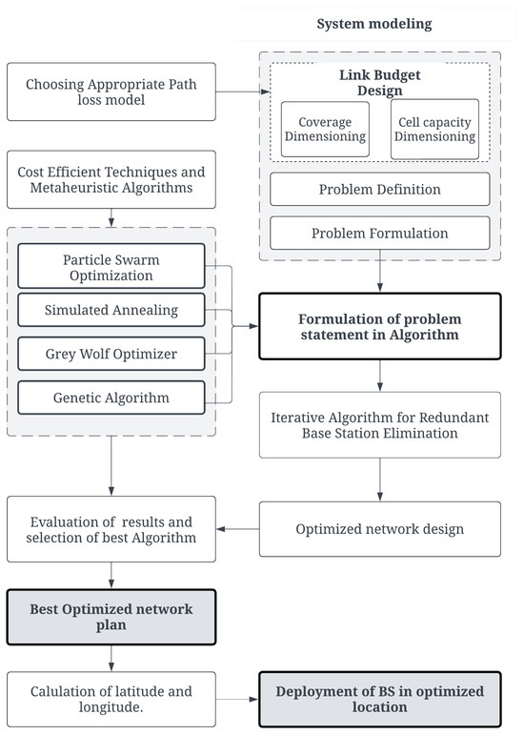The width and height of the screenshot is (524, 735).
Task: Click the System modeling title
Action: [374, 24]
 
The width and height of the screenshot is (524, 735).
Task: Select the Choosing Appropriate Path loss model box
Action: [111, 92]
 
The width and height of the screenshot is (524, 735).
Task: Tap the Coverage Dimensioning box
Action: [323, 129]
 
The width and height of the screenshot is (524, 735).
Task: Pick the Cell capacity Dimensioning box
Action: [434, 129]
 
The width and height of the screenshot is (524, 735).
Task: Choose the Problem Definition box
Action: [379, 189]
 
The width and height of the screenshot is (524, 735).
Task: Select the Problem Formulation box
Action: [379, 233]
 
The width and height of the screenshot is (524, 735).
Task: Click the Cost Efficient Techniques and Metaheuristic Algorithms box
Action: [111, 179]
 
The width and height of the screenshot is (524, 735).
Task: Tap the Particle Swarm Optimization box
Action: [111, 266]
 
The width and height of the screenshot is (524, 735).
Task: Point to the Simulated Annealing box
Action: [111, 310]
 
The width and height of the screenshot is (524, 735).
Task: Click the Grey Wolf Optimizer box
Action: [111, 355]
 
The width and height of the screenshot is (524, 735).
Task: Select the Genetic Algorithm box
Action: [111, 398]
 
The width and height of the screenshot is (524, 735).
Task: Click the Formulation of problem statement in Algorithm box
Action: [379, 326]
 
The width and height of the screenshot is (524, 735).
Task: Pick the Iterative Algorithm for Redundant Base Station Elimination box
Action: [379, 424]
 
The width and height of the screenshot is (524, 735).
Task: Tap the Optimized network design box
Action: [379, 529]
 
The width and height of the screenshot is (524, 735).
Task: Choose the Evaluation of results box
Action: [111, 529]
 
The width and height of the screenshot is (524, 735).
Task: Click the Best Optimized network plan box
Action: [111, 617]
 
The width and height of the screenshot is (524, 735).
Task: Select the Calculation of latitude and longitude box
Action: [111, 699]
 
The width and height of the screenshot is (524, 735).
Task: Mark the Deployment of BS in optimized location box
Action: [379, 699]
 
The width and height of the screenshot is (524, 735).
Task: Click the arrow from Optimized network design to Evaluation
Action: [238, 529]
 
